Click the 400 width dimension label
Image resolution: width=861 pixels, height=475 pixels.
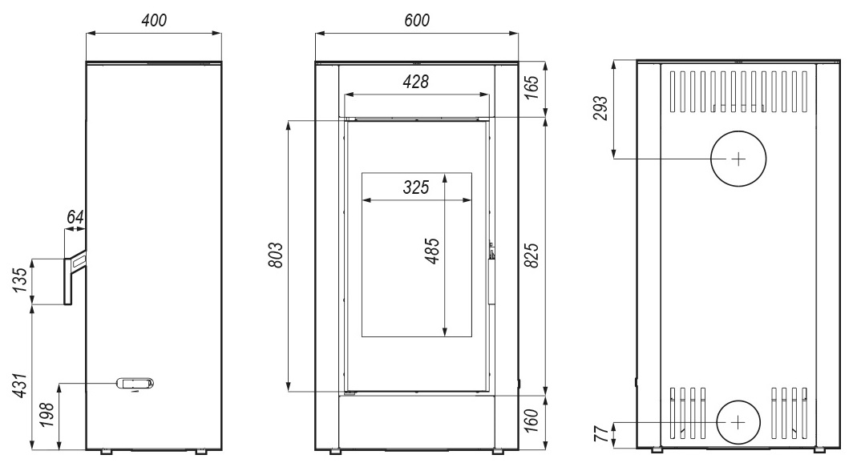pyautogui.click(x=154, y=20)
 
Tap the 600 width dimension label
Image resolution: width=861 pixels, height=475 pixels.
pyautogui.click(x=417, y=20)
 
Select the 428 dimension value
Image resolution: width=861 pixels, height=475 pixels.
pyautogui.click(x=416, y=82)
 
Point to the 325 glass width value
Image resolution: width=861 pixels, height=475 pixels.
pyautogui.click(x=416, y=187)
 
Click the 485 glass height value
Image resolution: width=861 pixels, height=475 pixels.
pyautogui.click(x=433, y=252)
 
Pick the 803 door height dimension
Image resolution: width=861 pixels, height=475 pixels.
pyautogui.click(x=276, y=255)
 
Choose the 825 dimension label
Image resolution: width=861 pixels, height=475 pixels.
pyautogui.click(x=532, y=255)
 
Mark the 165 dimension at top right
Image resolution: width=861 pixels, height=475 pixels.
pyautogui.click(x=532, y=87)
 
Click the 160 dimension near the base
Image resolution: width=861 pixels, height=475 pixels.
pyautogui.click(x=532, y=421)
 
